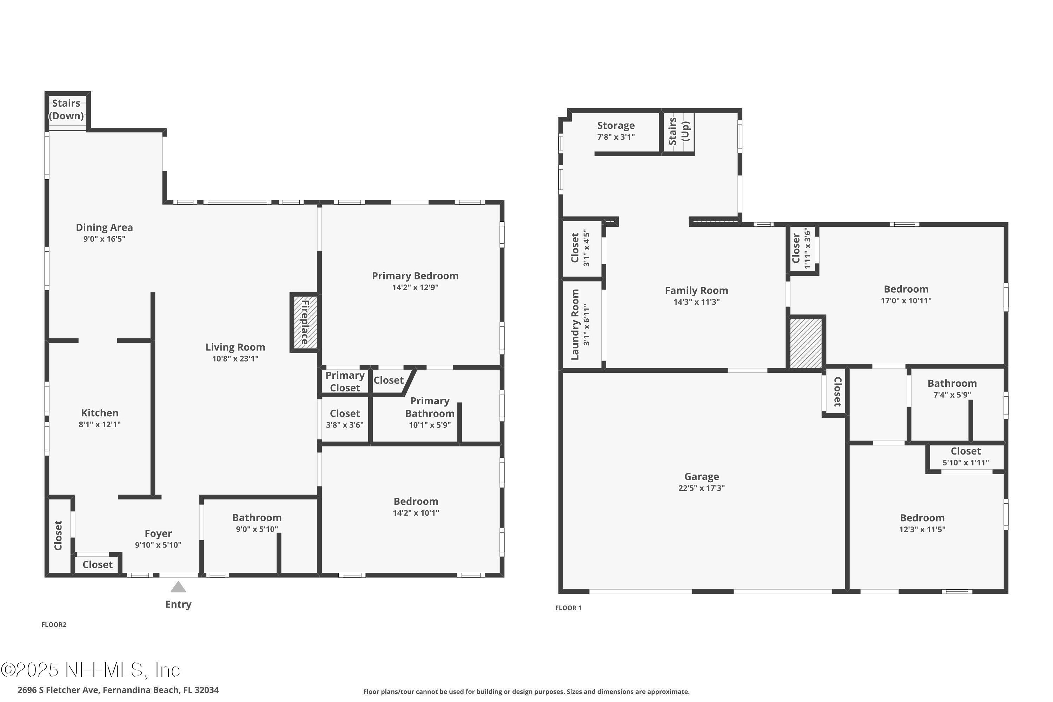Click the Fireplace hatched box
305,322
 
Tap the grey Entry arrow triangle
178,587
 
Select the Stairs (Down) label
66,109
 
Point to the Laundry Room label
575,325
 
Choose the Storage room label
616,125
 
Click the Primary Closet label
345,382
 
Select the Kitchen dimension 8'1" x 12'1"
99,424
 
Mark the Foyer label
158,533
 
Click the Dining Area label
104,227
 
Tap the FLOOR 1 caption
568,608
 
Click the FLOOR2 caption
54,624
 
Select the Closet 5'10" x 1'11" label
965,451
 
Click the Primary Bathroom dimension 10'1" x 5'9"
429,425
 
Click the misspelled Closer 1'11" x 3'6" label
796,249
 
